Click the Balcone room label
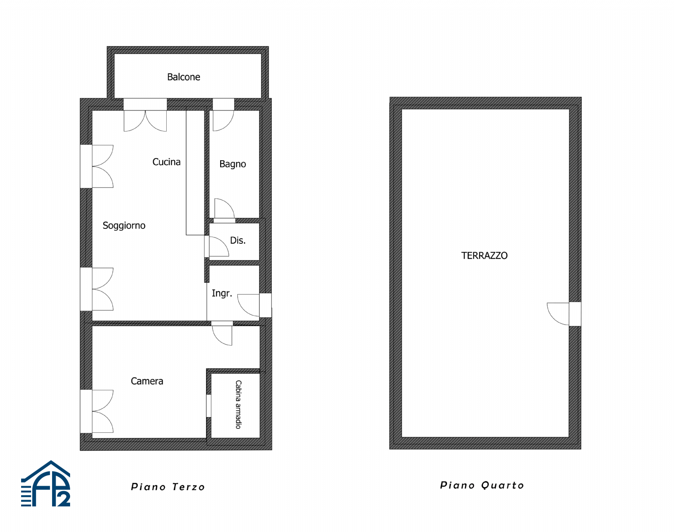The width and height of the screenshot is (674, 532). pyautogui.click(x=183, y=77)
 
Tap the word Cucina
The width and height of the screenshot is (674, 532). pyautogui.click(x=166, y=162)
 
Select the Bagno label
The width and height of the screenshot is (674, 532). pyautogui.click(x=232, y=164)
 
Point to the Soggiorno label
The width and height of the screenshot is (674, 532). pyautogui.click(x=124, y=226)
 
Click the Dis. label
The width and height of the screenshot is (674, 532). pyautogui.click(x=238, y=240)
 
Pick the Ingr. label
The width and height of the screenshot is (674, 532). pyautogui.click(x=222, y=293)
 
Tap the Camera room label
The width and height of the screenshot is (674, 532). pyautogui.click(x=147, y=381)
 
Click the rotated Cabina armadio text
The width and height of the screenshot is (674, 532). pyautogui.click(x=238, y=404)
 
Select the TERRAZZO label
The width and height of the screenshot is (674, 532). pyautogui.click(x=484, y=255)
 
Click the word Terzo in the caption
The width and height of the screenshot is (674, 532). pyautogui.click(x=188, y=487)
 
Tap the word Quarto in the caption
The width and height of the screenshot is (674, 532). pyautogui.click(x=502, y=485)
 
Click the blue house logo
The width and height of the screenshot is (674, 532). pyautogui.click(x=46, y=484)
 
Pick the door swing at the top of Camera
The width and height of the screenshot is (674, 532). pyautogui.click(x=222, y=335)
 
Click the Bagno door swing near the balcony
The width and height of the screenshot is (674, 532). pyautogui.click(x=223, y=121)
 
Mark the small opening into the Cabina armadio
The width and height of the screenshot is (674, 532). pyautogui.click(x=208, y=406)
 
